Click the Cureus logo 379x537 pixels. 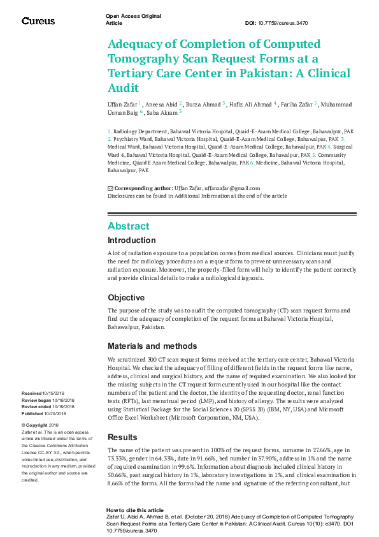38,21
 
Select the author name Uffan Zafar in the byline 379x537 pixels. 122,104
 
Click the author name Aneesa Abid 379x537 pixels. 162,104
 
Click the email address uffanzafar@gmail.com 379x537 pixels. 232,188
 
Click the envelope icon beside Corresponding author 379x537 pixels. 110,188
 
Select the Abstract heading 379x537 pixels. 128,226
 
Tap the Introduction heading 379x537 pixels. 131,241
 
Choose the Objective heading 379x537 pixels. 125,298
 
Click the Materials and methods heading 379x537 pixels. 152,346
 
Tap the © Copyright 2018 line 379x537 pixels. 40,425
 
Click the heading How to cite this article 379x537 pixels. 134,511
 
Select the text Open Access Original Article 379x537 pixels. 132,18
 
